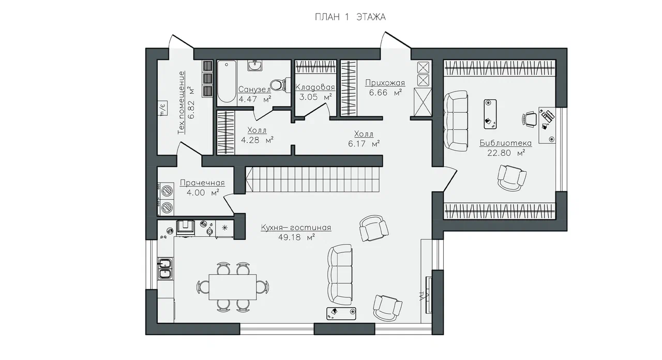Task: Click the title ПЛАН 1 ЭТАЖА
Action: (x=350, y=17)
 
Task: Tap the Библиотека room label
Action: (x=505, y=143)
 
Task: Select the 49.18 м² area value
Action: (x=296, y=237)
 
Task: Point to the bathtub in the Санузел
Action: (x=227, y=82)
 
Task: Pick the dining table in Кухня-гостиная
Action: (x=233, y=287)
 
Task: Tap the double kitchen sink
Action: (x=165, y=268)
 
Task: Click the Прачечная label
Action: (x=202, y=183)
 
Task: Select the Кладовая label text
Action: (x=315, y=87)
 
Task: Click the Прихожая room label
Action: (x=385, y=82)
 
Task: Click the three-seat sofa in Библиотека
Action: (x=456, y=121)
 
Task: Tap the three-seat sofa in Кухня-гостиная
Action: (x=340, y=274)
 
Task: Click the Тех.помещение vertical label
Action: (x=182, y=102)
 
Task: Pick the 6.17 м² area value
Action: (x=364, y=144)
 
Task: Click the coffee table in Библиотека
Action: (x=490, y=114)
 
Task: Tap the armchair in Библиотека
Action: (x=511, y=177)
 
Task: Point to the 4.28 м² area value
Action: (x=257, y=140)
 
